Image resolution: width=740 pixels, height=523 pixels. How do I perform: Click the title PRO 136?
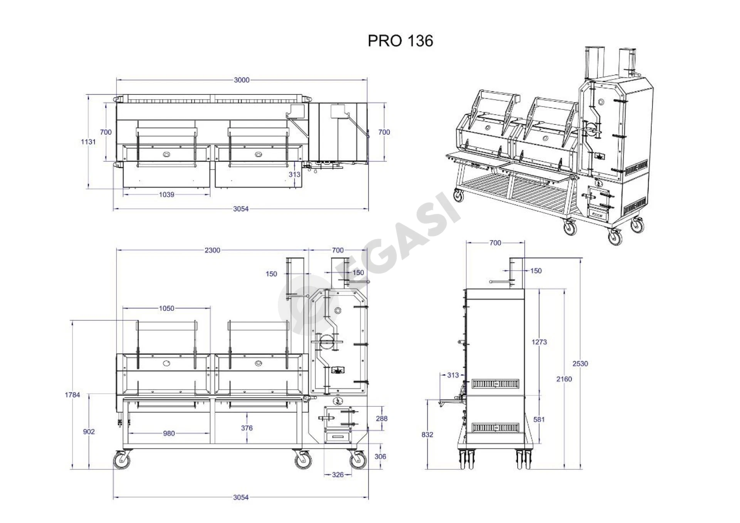tap(400, 40)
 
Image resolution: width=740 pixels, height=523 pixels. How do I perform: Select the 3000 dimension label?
tap(242, 80)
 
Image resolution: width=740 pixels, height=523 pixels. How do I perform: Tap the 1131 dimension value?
tap(88, 142)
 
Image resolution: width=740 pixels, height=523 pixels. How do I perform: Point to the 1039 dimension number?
tap(166, 194)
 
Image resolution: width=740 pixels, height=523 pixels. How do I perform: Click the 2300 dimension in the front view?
tap(212, 250)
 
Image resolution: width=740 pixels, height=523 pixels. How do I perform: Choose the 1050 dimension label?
tap(166, 308)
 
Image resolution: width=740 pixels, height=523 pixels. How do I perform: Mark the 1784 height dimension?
tap(72, 395)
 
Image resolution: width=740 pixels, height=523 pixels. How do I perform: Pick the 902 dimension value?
tap(89, 432)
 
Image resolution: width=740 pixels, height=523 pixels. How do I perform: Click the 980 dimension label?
tap(169, 433)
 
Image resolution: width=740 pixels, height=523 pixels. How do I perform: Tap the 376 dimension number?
tap(247, 428)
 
